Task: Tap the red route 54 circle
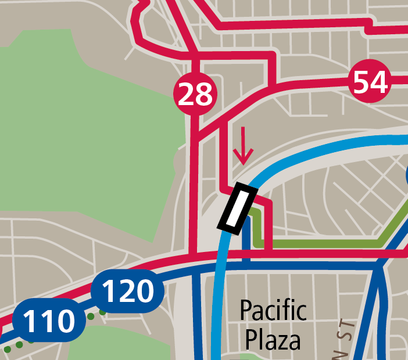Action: tap(370, 82)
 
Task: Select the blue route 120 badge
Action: tap(129, 291)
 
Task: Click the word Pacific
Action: tap(273, 311)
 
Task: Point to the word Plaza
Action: tap(273, 339)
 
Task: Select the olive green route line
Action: tap(325, 243)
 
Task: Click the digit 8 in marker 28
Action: tap(204, 94)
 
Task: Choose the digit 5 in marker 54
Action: tap(362, 82)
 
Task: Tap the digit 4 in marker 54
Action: tap(378, 82)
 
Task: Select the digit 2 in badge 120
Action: tap(128, 291)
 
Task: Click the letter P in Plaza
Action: tap(252, 339)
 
